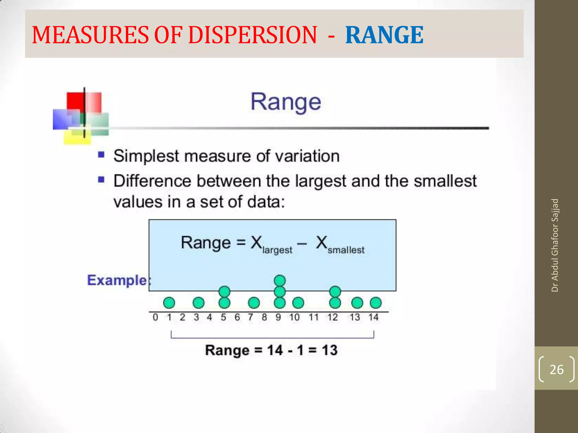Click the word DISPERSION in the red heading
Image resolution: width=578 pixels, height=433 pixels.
[x=252, y=35]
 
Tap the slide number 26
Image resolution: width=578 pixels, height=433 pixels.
[x=556, y=369]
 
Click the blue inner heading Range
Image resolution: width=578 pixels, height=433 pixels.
[x=286, y=102]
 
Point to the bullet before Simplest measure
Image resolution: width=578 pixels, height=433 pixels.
[x=101, y=154]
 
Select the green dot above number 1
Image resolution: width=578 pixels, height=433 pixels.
[x=169, y=303]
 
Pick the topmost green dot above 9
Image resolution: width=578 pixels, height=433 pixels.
[x=280, y=280]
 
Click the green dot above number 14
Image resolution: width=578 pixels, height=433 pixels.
[x=375, y=303]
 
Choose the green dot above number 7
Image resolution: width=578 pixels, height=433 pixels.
[x=253, y=303]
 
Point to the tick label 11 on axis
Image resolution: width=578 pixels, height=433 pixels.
[x=313, y=317]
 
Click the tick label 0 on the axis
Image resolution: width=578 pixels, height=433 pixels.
[x=155, y=317]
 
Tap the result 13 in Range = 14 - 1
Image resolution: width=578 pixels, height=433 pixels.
[x=329, y=350]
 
